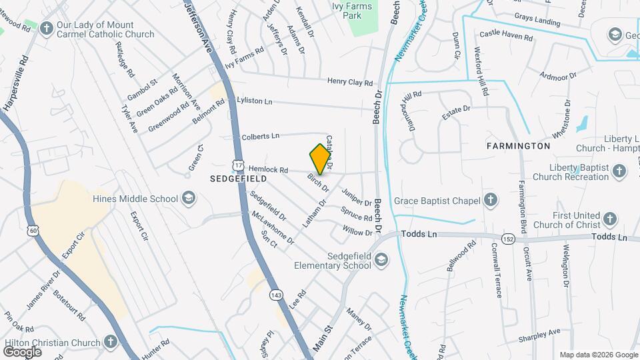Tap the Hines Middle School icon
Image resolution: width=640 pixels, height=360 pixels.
[x=189, y=198]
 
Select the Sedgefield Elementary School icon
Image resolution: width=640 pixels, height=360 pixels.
[x=381, y=260]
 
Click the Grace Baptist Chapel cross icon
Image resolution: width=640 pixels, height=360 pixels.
[x=491, y=200]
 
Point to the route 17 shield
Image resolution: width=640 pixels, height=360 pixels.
[x=238, y=164]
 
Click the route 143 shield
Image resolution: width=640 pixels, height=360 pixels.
[x=275, y=294]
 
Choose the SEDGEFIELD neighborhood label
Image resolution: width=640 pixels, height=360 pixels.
[x=238, y=179]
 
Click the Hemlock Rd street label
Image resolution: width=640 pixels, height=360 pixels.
[x=269, y=170]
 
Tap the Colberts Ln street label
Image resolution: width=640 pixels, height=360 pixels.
[x=260, y=136]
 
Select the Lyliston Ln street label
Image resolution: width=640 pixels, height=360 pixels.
[x=255, y=100]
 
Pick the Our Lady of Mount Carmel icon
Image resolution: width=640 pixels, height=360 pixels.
[x=46, y=28]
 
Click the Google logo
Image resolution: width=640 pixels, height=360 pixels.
[x=22, y=351]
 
